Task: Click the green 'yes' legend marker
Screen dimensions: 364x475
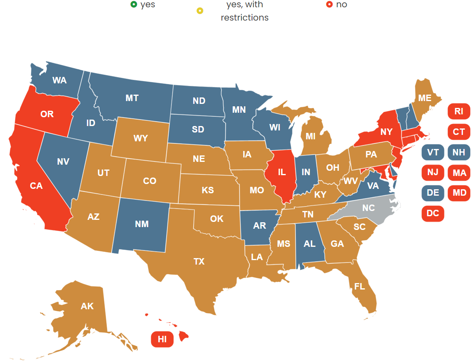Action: (x=134, y=4)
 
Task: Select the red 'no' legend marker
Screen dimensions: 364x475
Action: (x=329, y=4)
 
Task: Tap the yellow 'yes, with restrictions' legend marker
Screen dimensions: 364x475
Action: (x=200, y=10)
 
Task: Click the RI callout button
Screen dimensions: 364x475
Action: (x=458, y=112)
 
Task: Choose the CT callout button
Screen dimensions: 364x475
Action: (x=458, y=132)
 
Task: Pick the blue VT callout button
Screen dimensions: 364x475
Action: (x=433, y=152)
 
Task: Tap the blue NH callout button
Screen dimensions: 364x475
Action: (x=458, y=152)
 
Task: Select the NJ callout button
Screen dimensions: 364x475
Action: (x=433, y=172)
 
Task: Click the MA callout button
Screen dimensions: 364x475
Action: (x=458, y=173)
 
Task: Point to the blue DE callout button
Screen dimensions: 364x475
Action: (x=433, y=193)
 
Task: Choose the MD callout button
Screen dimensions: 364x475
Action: (x=458, y=193)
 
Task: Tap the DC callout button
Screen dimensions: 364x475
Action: (x=433, y=213)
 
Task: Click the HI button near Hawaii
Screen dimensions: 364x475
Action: (x=162, y=339)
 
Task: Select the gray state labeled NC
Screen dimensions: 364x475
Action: (x=368, y=208)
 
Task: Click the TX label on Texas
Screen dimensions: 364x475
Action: (x=199, y=262)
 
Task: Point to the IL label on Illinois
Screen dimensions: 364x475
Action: (x=282, y=172)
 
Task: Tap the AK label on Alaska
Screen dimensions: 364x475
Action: (x=87, y=306)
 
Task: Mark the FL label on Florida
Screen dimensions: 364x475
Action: (x=359, y=286)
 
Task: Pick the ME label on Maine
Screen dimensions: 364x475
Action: (x=425, y=98)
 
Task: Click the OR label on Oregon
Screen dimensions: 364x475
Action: (x=47, y=114)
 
